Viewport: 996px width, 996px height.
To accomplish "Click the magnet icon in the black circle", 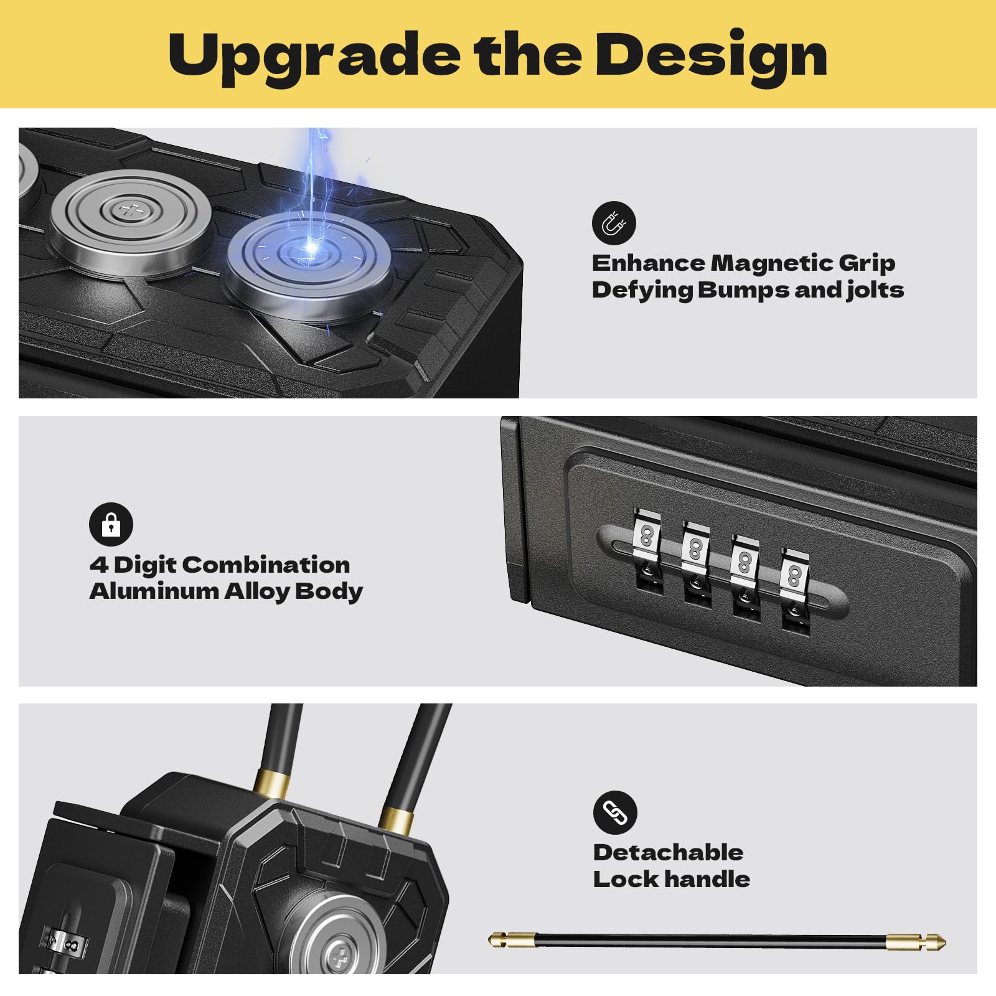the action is point(614,223).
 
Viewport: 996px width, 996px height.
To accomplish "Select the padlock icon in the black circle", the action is point(111,524).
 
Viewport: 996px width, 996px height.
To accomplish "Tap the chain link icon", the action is point(615,812).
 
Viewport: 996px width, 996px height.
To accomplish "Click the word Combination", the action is point(266,565).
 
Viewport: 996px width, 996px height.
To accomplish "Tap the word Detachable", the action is point(668,852).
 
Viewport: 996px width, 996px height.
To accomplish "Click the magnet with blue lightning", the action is point(309,267).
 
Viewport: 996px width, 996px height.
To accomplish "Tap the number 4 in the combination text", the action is point(99,565).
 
